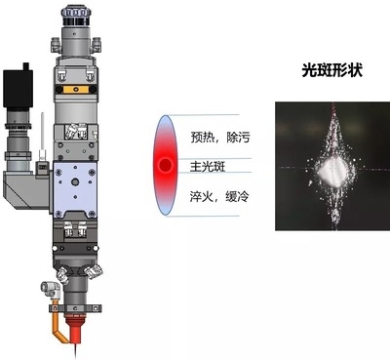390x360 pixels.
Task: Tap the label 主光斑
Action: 209,165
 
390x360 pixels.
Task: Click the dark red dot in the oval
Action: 167,164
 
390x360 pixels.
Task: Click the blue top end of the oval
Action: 168,120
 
